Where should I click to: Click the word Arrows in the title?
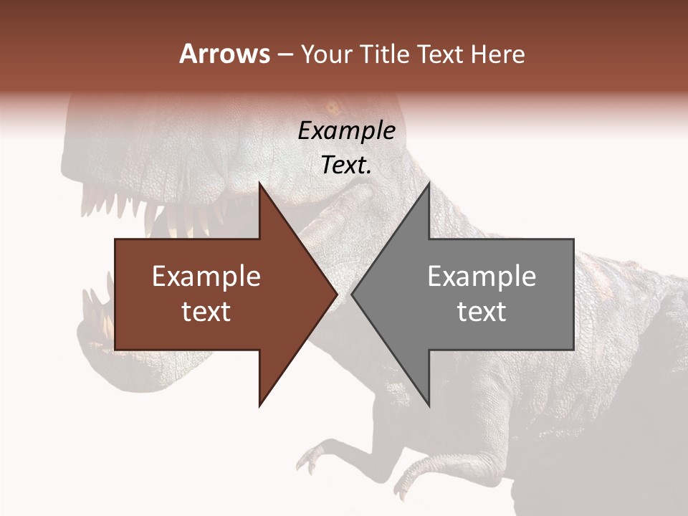(x=225, y=54)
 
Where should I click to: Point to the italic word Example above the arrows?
(x=347, y=131)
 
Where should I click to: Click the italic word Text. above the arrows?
(x=347, y=166)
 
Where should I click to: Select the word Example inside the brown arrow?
(x=206, y=277)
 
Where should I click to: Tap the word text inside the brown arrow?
(x=206, y=312)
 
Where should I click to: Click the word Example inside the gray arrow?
(x=482, y=277)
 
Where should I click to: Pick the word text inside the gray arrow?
(x=482, y=312)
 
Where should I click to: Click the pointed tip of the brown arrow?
(x=336, y=294)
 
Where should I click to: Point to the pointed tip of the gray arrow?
(x=353, y=294)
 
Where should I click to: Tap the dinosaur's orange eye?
(x=332, y=109)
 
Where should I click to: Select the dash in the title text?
(x=285, y=55)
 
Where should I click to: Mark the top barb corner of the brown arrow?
(x=259, y=183)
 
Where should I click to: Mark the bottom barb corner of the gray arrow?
(x=429, y=406)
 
